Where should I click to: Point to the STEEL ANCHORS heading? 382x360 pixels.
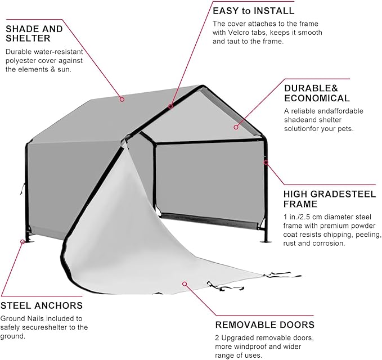(42, 306)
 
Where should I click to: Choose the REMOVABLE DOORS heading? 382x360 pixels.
(264, 325)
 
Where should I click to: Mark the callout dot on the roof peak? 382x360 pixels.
(170, 106)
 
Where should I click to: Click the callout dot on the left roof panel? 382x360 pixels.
(122, 98)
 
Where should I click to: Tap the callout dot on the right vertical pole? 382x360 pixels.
(266, 163)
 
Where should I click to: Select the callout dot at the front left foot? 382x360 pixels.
(23, 241)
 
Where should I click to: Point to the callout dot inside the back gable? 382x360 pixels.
(236, 127)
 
